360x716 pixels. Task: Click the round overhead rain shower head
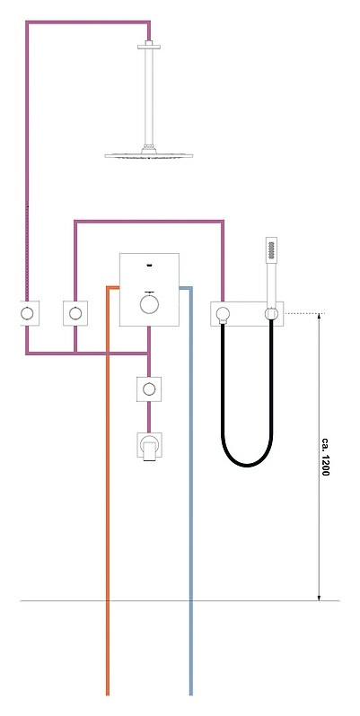click(x=148, y=156)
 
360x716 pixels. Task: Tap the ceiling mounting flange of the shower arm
click(x=149, y=46)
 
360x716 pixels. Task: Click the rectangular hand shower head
click(x=271, y=250)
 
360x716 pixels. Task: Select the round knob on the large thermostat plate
click(x=149, y=304)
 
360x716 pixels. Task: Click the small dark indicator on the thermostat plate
click(x=149, y=265)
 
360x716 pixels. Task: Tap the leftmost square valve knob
click(x=27, y=313)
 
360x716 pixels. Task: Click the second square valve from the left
click(x=75, y=313)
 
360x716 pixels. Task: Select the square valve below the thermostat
click(x=149, y=389)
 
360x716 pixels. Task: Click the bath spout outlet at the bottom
click(x=149, y=447)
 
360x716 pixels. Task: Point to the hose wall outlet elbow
click(x=222, y=314)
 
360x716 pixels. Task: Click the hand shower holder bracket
click(x=271, y=313)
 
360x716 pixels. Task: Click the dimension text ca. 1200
click(x=325, y=457)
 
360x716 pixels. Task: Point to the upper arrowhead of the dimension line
click(x=319, y=317)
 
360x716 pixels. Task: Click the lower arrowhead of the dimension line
click(x=319, y=598)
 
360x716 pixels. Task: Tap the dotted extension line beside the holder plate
click(x=304, y=313)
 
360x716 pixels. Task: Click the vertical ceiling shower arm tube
click(x=149, y=97)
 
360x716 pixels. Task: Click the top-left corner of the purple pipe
click(x=27, y=22)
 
